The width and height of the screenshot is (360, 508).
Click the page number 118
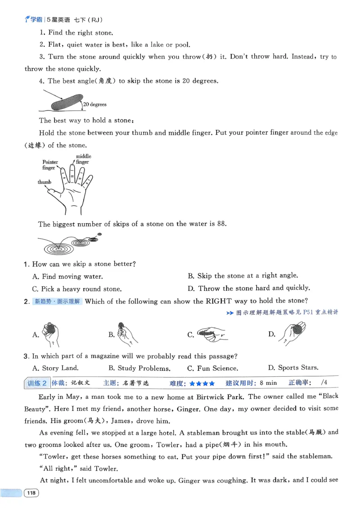pyautogui.click(x=31, y=493)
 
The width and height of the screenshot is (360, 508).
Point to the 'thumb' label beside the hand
pyautogui.click(x=44, y=182)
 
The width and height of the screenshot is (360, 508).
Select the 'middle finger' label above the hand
pyautogui.click(x=83, y=159)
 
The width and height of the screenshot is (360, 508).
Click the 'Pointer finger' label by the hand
pyautogui.click(x=50, y=165)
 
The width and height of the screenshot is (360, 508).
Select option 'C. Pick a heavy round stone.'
pyautogui.click(x=76, y=289)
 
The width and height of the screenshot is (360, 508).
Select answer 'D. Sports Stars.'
pyautogui.click(x=293, y=368)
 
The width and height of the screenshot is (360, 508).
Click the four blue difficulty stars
pyautogui.click(x=202, y=383)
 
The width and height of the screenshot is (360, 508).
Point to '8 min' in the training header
pyautogui.click(x=268, y=383)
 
